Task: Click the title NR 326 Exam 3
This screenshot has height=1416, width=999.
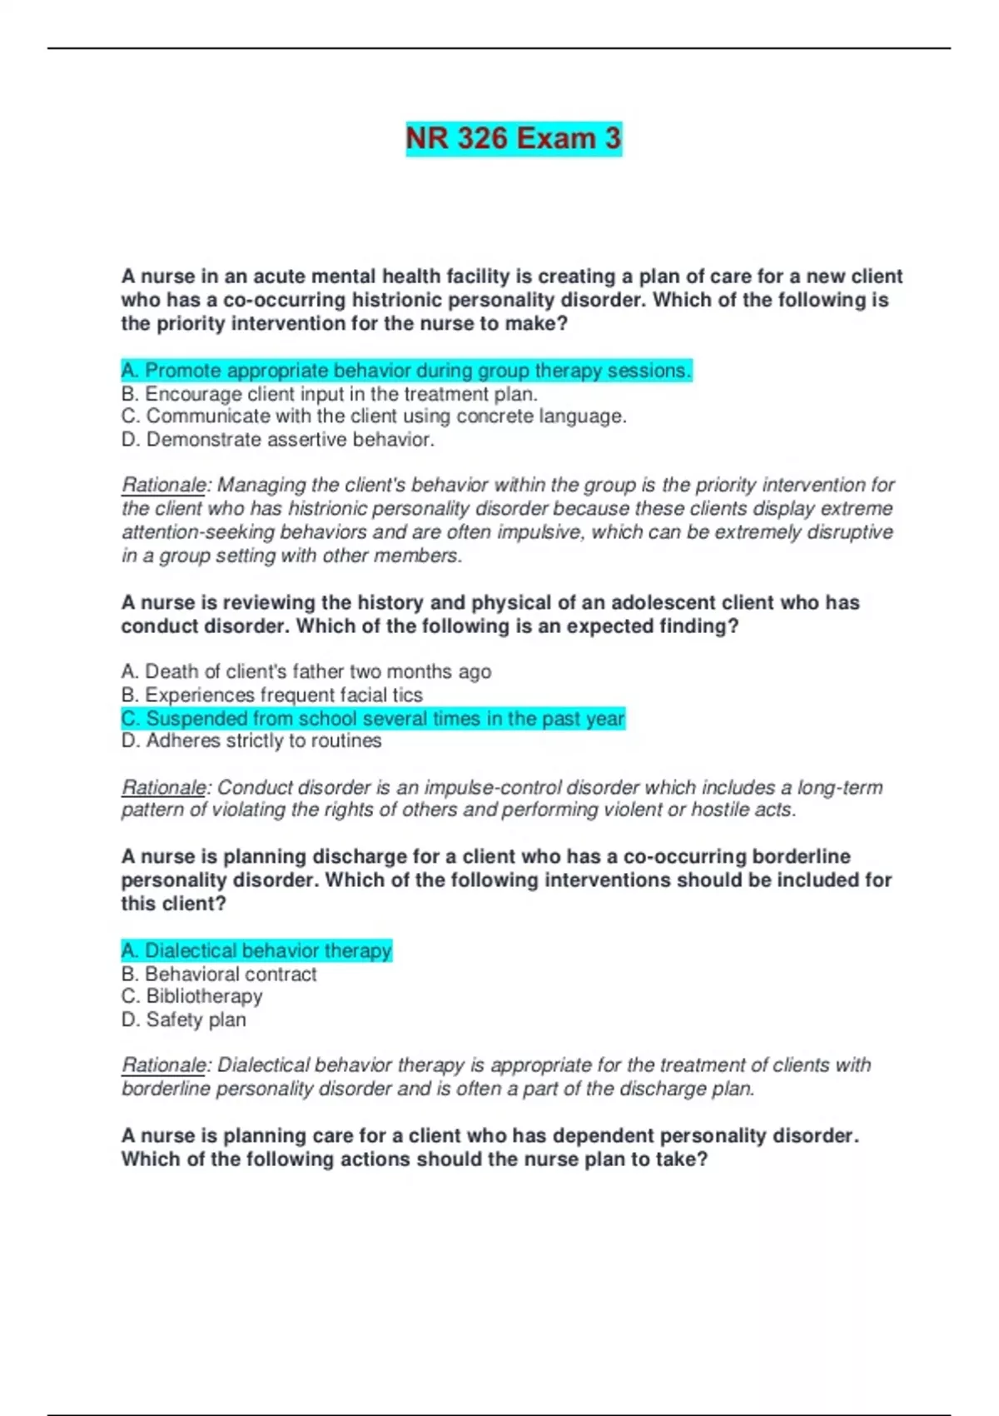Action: point(514,138)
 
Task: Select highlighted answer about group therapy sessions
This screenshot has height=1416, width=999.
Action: point(406,371)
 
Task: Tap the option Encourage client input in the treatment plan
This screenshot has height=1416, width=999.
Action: point(330,394)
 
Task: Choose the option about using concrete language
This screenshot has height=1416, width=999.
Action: point(374,416)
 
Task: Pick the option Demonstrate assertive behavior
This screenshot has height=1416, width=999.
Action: point(278,440)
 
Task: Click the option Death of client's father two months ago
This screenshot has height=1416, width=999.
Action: point(306,671)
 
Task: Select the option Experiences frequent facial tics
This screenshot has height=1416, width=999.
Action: point(272,695)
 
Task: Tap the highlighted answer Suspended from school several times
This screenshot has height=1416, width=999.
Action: point(373,719)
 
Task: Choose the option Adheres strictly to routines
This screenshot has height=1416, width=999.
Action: point(251,741)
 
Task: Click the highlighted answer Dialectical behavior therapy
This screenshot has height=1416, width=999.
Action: point(256,950)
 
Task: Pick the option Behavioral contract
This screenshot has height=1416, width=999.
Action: point(219,974)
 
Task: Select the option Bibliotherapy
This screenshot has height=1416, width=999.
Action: point(192,996)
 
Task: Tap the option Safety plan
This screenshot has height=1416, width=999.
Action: point(184,1020)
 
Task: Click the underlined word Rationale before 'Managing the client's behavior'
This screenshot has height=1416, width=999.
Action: point(164,485)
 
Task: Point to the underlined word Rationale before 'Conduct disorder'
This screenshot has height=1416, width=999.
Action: point(164,787)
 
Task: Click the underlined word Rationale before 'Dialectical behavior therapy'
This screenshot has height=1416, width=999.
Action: point(164,1065)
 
